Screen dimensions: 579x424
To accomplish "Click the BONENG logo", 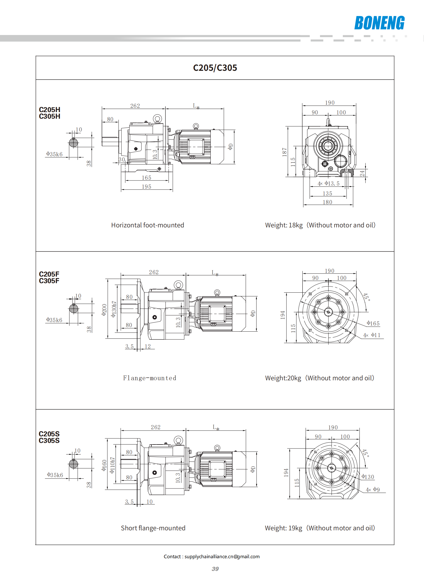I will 379,23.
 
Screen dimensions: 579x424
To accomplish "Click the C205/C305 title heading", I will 215,68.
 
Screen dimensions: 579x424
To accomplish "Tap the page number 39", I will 215,569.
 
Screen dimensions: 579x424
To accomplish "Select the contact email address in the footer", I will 222,557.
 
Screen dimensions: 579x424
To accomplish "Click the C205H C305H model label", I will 50,113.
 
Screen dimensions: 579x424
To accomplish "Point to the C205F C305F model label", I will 49,277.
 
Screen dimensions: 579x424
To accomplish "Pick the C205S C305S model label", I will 49,437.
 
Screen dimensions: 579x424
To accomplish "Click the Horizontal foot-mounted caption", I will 147,225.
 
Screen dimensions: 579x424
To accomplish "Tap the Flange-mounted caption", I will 150,378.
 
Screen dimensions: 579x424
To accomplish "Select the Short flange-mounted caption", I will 153,528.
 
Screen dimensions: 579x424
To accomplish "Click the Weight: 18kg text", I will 284,225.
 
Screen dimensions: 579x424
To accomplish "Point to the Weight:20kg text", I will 283,378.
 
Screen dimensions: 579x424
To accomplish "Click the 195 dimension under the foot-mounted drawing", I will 146,187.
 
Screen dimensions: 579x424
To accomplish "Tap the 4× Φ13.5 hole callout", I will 328,183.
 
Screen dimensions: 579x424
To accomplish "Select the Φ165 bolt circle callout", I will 373,323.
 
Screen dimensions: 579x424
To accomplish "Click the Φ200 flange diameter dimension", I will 104,310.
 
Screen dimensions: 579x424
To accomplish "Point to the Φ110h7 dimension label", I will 112,465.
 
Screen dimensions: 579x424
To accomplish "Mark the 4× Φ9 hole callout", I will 373,490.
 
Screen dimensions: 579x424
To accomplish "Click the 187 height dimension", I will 284,152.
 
